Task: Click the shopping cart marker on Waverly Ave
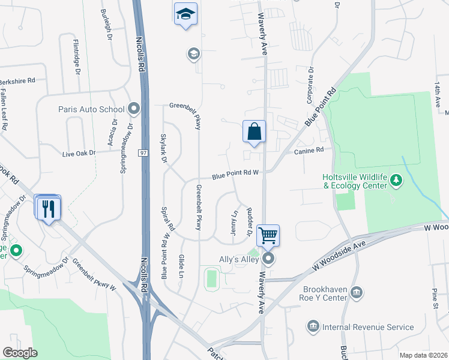click(268, 235)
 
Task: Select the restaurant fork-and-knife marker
click(48, 208)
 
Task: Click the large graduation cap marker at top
click(185, 14)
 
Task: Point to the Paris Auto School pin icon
click(133, 109)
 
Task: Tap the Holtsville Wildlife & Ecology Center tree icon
click(396, 179)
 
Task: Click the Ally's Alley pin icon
click(268, 259)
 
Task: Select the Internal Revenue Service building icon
click(313, 327)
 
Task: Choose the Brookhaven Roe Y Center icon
click(356, 292)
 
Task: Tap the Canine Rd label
click(309, 151)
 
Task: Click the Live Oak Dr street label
click(79, 154)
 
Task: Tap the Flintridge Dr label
click(76, 57)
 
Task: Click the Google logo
click(20, 353)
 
